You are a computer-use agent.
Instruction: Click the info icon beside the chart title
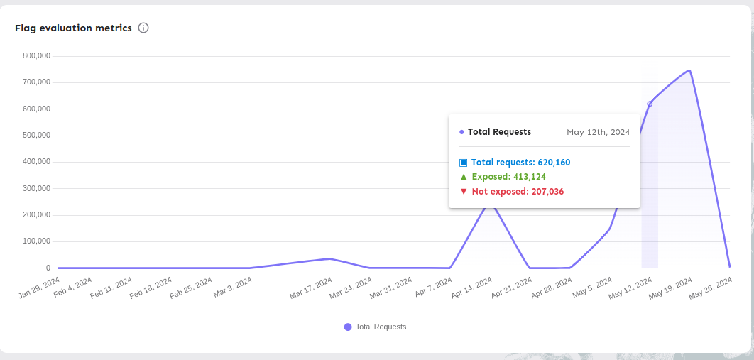point(143,28)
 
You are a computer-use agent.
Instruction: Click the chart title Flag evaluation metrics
point(73,28)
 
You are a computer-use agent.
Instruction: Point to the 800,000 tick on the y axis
point(36,55)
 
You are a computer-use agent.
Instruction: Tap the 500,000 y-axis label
point(36,135)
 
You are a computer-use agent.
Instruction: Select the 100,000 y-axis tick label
point(36,241)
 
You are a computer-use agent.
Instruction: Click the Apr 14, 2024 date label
point(473,287)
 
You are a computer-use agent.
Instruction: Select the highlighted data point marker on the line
point(650,104)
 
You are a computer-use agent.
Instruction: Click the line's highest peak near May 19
point(689,70)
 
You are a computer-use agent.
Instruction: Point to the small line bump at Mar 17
point(329,258)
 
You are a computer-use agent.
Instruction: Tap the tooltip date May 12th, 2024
point(598,132)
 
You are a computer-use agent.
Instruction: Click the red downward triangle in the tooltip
point(463,192)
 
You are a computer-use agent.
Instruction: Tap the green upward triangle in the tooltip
point(463,177)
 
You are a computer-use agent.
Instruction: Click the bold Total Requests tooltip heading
point(499,132)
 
